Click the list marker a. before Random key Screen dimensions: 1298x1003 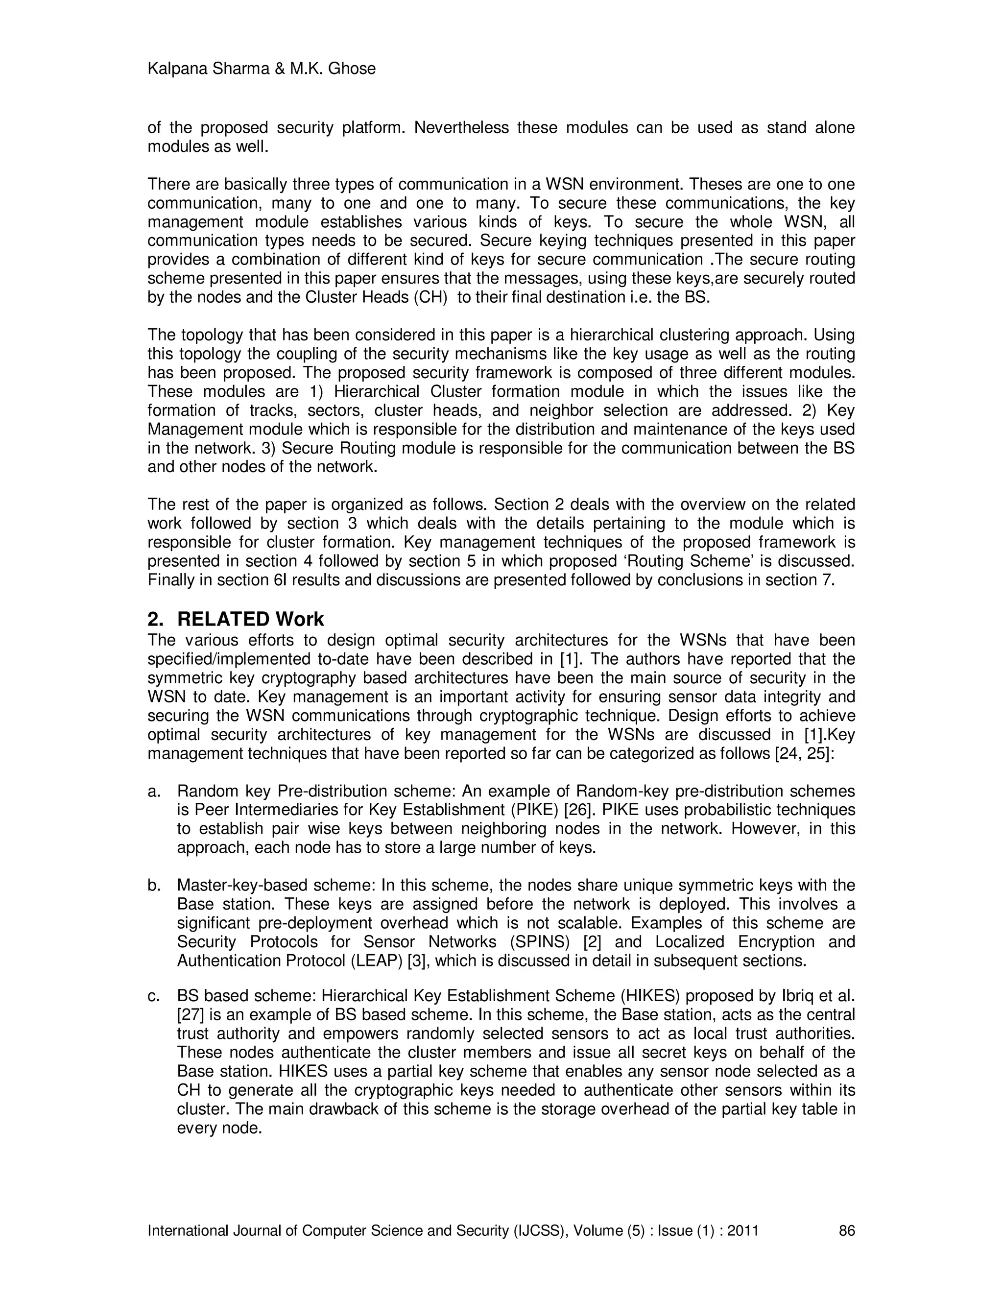point(154,792)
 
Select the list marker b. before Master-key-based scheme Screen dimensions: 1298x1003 point(154,886)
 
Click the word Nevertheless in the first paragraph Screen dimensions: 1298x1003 point(461,128)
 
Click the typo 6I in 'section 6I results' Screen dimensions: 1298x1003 point(281,580)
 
